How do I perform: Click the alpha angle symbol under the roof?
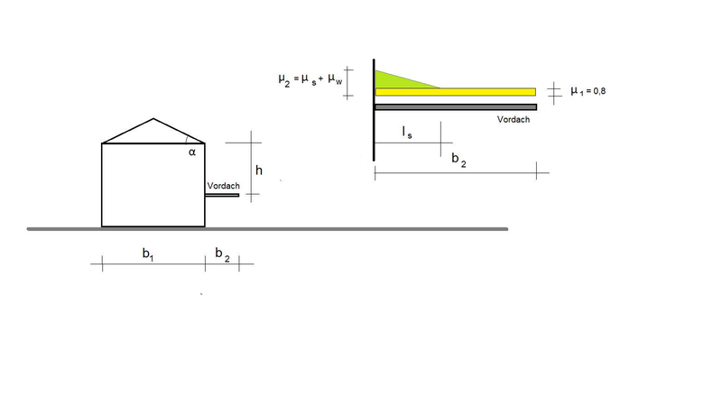tap(192, 152)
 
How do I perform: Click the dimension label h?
tap(259, 171)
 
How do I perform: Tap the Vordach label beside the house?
tap(223, 186)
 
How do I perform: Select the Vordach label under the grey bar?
tap(514, 119)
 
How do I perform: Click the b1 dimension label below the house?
tap(148, 254)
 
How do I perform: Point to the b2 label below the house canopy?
tap(222, 254)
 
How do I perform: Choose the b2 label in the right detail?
tap(458, 160)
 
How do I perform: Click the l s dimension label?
tap(407, 132)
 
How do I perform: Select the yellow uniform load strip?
tap(456, 92)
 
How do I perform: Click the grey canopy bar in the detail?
tap(456, 107)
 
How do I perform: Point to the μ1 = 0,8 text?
tap(588, 91)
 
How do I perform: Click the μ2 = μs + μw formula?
tap(310, 79)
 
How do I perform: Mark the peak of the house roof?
tap(153, 119)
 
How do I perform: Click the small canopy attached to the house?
tap(222, 195)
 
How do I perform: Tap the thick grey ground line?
tap(267, 229)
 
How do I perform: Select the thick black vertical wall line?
tap(374, 110)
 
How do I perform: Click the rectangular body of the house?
tap(153, 185)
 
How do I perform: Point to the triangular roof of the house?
tap(153, 134)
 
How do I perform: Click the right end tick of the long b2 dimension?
tap(536, 171)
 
